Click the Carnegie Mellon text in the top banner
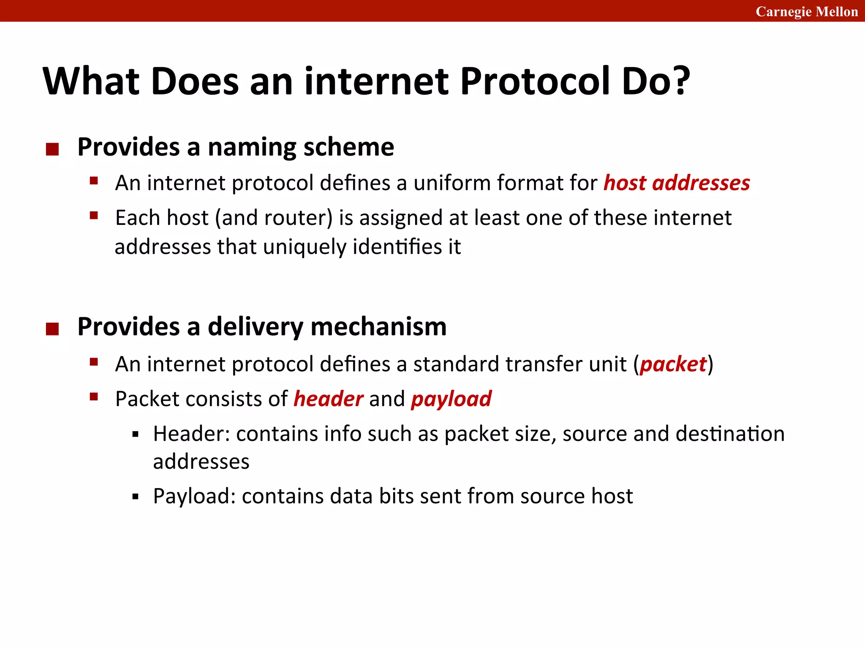(806, 11)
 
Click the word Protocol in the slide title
(535, 81)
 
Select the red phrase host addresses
(677, 183)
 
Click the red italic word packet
(673, 364)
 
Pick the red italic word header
(328, 399)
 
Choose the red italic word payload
(451, 399)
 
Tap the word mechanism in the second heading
(378, 327)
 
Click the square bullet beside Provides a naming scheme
(52, 149)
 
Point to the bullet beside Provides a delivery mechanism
(52, 329)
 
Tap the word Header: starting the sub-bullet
(191, 434)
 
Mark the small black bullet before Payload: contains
(135, 497)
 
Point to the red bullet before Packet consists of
(94, 397)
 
